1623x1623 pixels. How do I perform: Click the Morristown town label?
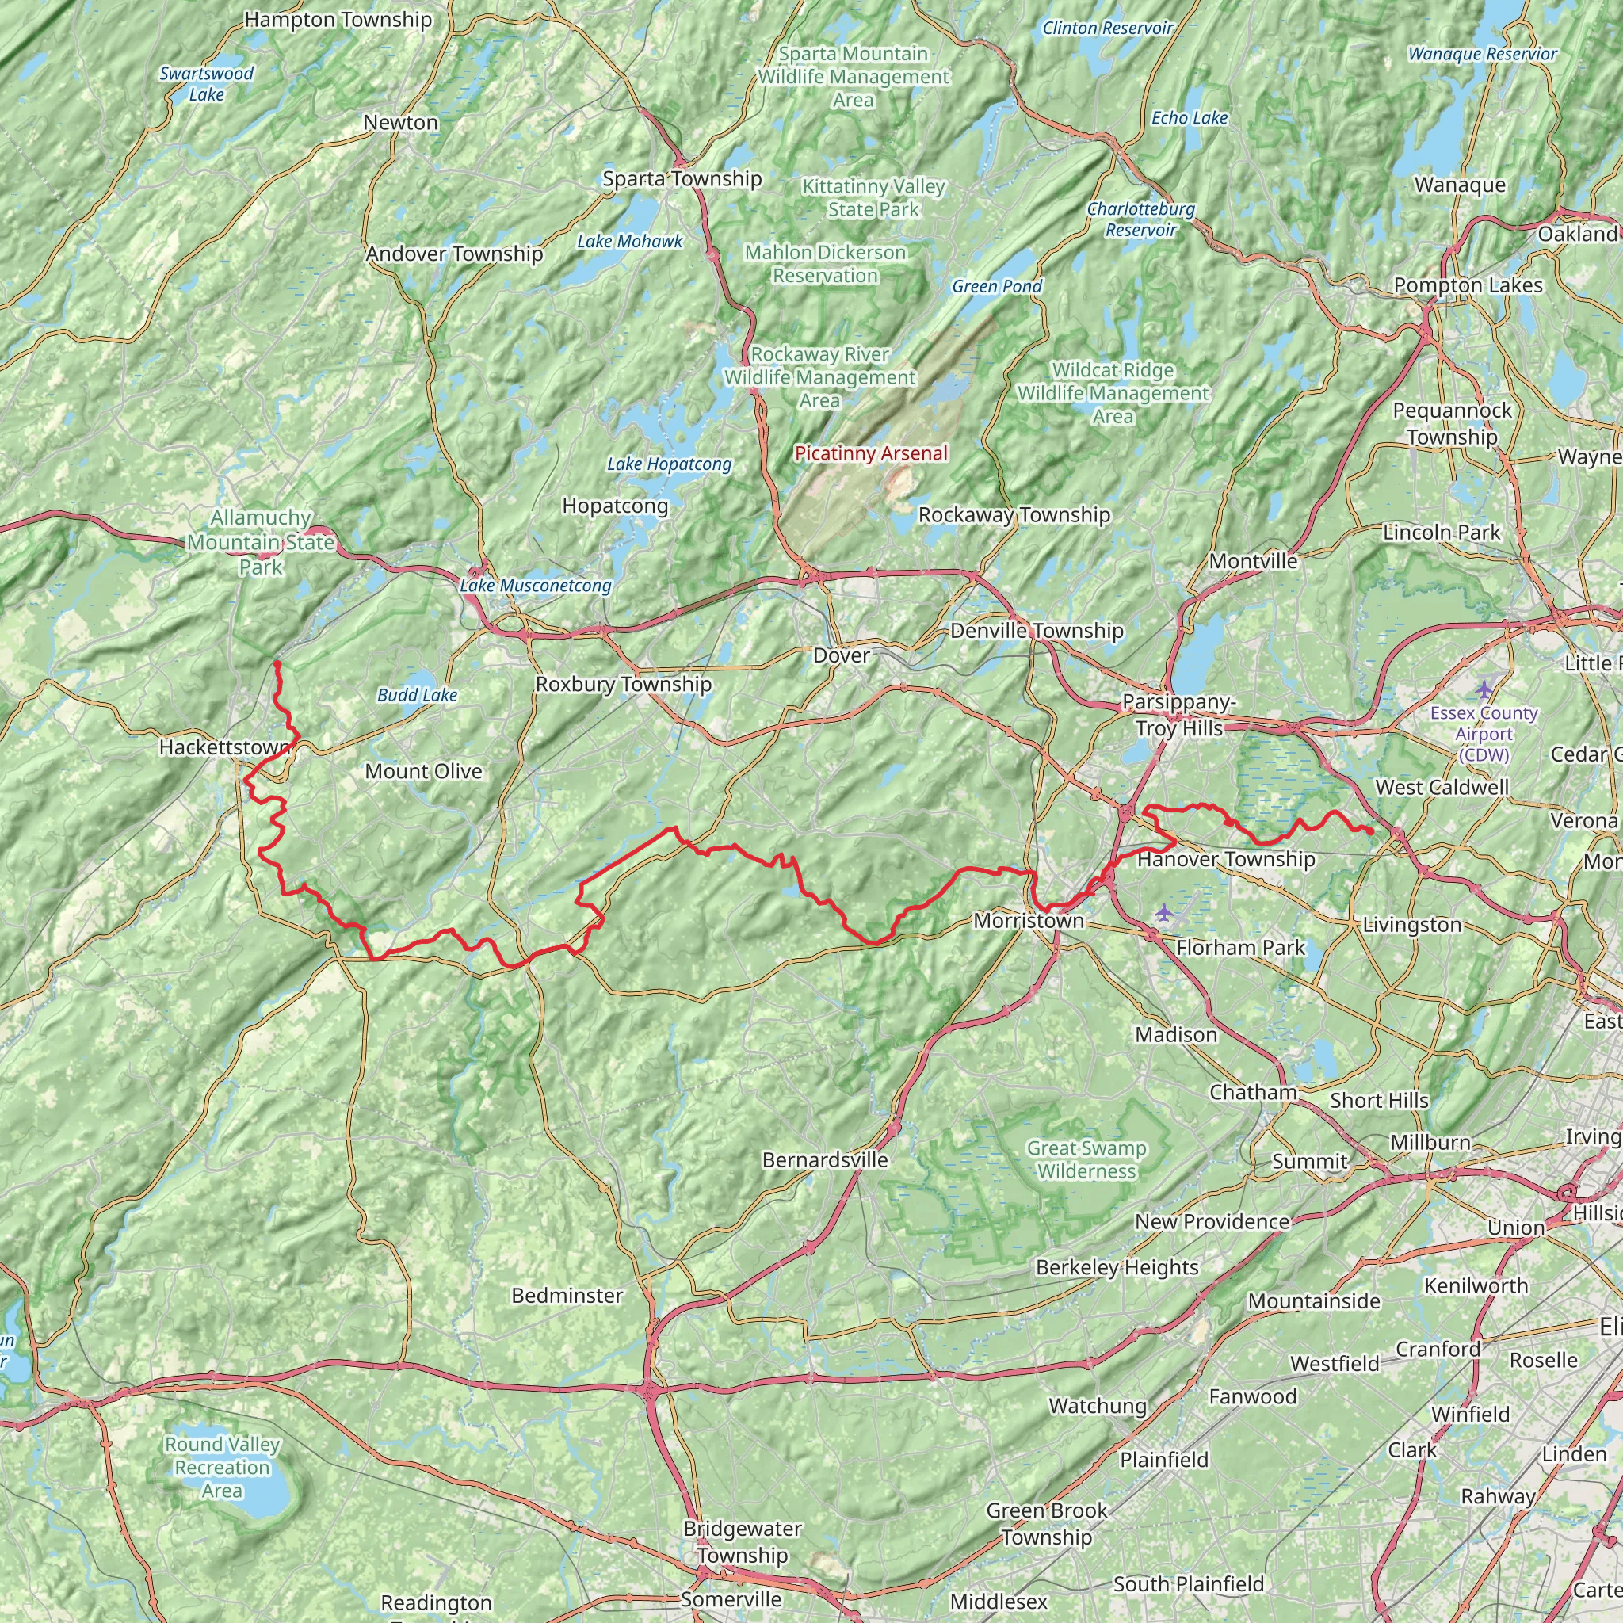pyautogui.click(x=1028, y=921)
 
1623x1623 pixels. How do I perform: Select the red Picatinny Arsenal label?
pyautogui.click(x=871, y=453)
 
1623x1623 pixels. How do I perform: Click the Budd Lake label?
pyautogui.click(x=417, y=695)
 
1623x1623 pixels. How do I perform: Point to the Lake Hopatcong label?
pyautogui.click(x=669, y=464)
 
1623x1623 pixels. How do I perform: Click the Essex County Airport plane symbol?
pyautogui.click(x=1484, y=689)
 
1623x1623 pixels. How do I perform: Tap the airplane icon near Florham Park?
pyautogui.click(x=1163, y=912)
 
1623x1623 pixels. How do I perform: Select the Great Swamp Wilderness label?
pyautogui.click(x=1086, y=1159)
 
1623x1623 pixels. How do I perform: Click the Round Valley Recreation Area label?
pyautogui.click(x=222, y=1467)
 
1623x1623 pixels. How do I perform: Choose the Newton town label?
pyautogui.click(x=401, y=123)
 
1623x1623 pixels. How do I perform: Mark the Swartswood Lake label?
pyautogui.click(x=207, y=84)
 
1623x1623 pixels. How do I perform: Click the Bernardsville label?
pyautogui.click(x=825, y=1159)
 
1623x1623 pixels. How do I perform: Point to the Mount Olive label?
pyautogui.click(x=423, y=771)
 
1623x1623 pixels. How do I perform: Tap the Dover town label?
pyautogui.click(x=841, y=655)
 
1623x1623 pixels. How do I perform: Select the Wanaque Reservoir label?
pyautogui.click(x=1482, y=54)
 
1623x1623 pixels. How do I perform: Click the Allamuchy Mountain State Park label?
pyautogui.click(x=261, y=542)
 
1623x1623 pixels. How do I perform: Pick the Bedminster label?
pyautogui.click(x=567, y=1296)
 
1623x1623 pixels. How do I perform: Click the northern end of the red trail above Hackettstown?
pyautogui.click(x=277, y=663)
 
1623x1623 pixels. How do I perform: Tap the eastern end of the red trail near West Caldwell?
pyautogui.click(x=1371, y=831)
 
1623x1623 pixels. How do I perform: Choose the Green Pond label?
pyautogui.click(x=996, y=286)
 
